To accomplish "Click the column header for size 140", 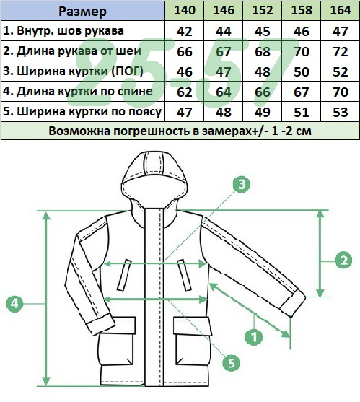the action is pyautogui.click(x=185, y=11).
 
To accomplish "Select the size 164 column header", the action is pyautogui.click(x=341, y=11).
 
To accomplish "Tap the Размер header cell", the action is pyautogui.click(x=82, y=12).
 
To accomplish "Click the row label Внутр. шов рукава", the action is pyautogui.click(x=63, y=31).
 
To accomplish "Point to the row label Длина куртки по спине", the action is pyautogui.click(x=78, y=91).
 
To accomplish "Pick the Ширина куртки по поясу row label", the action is pyautogui.click(x=82, y=112).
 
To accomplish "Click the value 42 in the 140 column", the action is pyautogui.click(x=185, y=31).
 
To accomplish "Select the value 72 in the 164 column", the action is pyautogui.click(x=341, y=51).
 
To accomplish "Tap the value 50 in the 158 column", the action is pyautogui.click(x=302, y=71).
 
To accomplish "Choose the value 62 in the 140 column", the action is pyautogui.click(x=185, y=92).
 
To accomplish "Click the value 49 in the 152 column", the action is pyautogui.click(x=263, y=113).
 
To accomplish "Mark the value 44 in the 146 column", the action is pyautogui.click(x=224, y=31).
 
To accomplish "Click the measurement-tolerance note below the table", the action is pyautogui.click(x=180, y=131).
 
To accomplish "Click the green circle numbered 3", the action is pyautogui.click(x=242, y=184).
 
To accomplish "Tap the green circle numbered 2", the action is pyautogui.click(x=343, y=261).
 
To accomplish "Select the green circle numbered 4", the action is pyautogui.click(x=14, y=304).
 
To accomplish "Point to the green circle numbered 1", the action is pyautogui.click(x=254, y=336).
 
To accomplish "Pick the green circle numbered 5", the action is pyautogui.click(x=231, y=363).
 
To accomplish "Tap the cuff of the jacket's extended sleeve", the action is pyautogui.click(x=294, y=304).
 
